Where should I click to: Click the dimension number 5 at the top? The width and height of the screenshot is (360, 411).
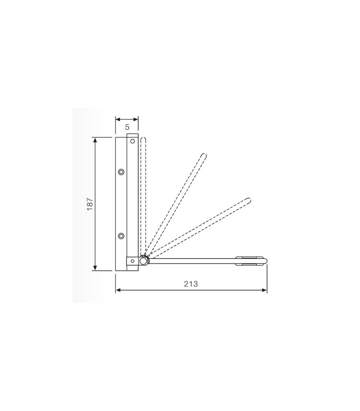pyautogui.click(x=127, y=127)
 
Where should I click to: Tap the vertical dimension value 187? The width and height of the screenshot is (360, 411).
pyautogui.click(x=90, y=203)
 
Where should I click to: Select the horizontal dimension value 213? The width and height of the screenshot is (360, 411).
pyautogui.click(x=191, y=284)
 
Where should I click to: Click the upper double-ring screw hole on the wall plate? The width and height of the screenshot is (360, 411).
pyautogui.click(x=121, y=172)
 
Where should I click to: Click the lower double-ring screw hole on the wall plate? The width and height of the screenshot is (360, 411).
pyautogui.click(x=121, y=236)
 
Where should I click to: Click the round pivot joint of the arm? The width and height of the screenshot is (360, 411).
pyautogui.click(x=143, y=261)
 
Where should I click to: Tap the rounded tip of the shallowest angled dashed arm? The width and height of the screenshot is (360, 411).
pyautogui.click(x=248, y=199)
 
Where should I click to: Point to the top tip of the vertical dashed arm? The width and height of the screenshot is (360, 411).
pyautogui.click(x=143, y=139)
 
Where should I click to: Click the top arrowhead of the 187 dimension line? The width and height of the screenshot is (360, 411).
pyautogui.click(x=95, y=139)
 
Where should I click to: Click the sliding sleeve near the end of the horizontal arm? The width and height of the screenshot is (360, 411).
pyautogui.click(x=249, y=260)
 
